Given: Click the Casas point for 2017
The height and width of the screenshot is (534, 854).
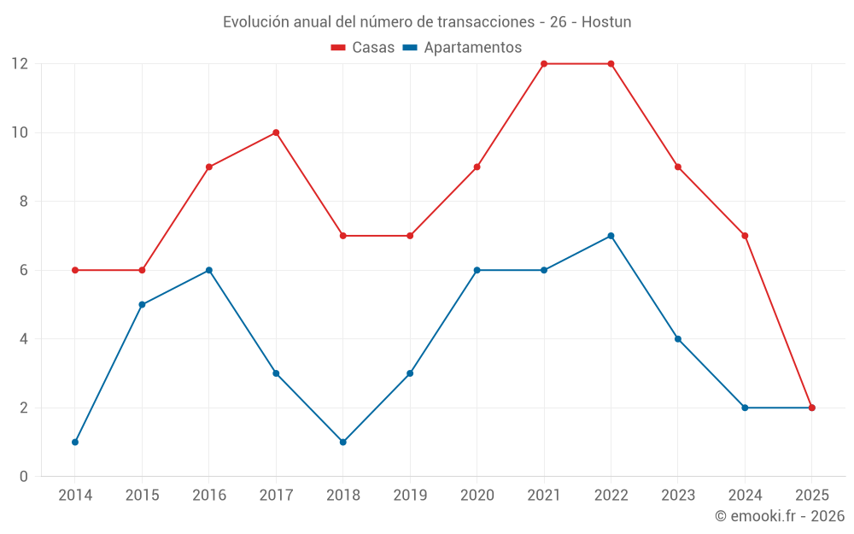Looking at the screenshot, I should (276, 132).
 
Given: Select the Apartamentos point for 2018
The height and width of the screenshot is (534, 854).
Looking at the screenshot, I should (342, 442).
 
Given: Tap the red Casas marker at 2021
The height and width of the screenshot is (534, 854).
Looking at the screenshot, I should (544, 64).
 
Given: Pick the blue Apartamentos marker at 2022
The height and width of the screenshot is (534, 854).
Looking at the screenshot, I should (611, 236).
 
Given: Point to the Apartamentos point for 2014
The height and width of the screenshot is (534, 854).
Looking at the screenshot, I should (75, 442).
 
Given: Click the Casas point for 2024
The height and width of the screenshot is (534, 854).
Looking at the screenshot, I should (745, 236).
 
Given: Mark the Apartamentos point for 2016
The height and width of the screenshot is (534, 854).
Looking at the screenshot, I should (209, 270).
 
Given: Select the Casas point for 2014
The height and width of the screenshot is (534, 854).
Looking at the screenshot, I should (75, 270).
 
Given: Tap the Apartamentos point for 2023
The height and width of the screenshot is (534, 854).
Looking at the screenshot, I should (678, 339).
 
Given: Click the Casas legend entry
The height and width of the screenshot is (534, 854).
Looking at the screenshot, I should (363, 48).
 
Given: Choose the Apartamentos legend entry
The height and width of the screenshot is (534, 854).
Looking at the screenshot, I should (462, 48).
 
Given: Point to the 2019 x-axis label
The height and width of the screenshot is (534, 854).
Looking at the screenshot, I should (410, 495).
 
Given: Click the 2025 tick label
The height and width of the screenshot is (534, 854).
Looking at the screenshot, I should (811, 495).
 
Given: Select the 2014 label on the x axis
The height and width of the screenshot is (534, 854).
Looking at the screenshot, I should (75, 495).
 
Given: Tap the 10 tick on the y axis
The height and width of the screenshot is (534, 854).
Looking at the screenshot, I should (19, 132).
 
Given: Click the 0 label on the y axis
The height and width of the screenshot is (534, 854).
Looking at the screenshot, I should (24, 476).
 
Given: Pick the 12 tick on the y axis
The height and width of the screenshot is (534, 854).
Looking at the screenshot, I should (19, 64).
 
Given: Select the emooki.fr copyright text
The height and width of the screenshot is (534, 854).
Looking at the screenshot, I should (780, 516).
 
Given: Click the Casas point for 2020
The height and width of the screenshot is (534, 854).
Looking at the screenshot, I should (477, 167).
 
